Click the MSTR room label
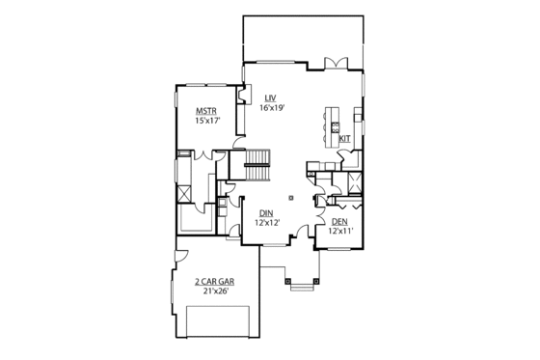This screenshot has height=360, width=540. click(x=205, y=110)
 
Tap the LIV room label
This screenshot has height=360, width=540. click(x=271, y=97)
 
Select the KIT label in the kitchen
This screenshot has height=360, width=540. click(x=344, y=138)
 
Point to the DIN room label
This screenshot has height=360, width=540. click(x=267, y=212)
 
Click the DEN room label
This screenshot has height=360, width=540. click(x=337, y=221)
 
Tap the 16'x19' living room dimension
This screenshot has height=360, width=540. click(x=273, y=108)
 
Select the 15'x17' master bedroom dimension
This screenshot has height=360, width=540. click(x=207, y=121)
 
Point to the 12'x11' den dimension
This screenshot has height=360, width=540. click(x=340, y=231)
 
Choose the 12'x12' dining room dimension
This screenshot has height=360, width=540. click(x=267, y=222)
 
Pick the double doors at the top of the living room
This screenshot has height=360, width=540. click(x=335, y=63)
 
